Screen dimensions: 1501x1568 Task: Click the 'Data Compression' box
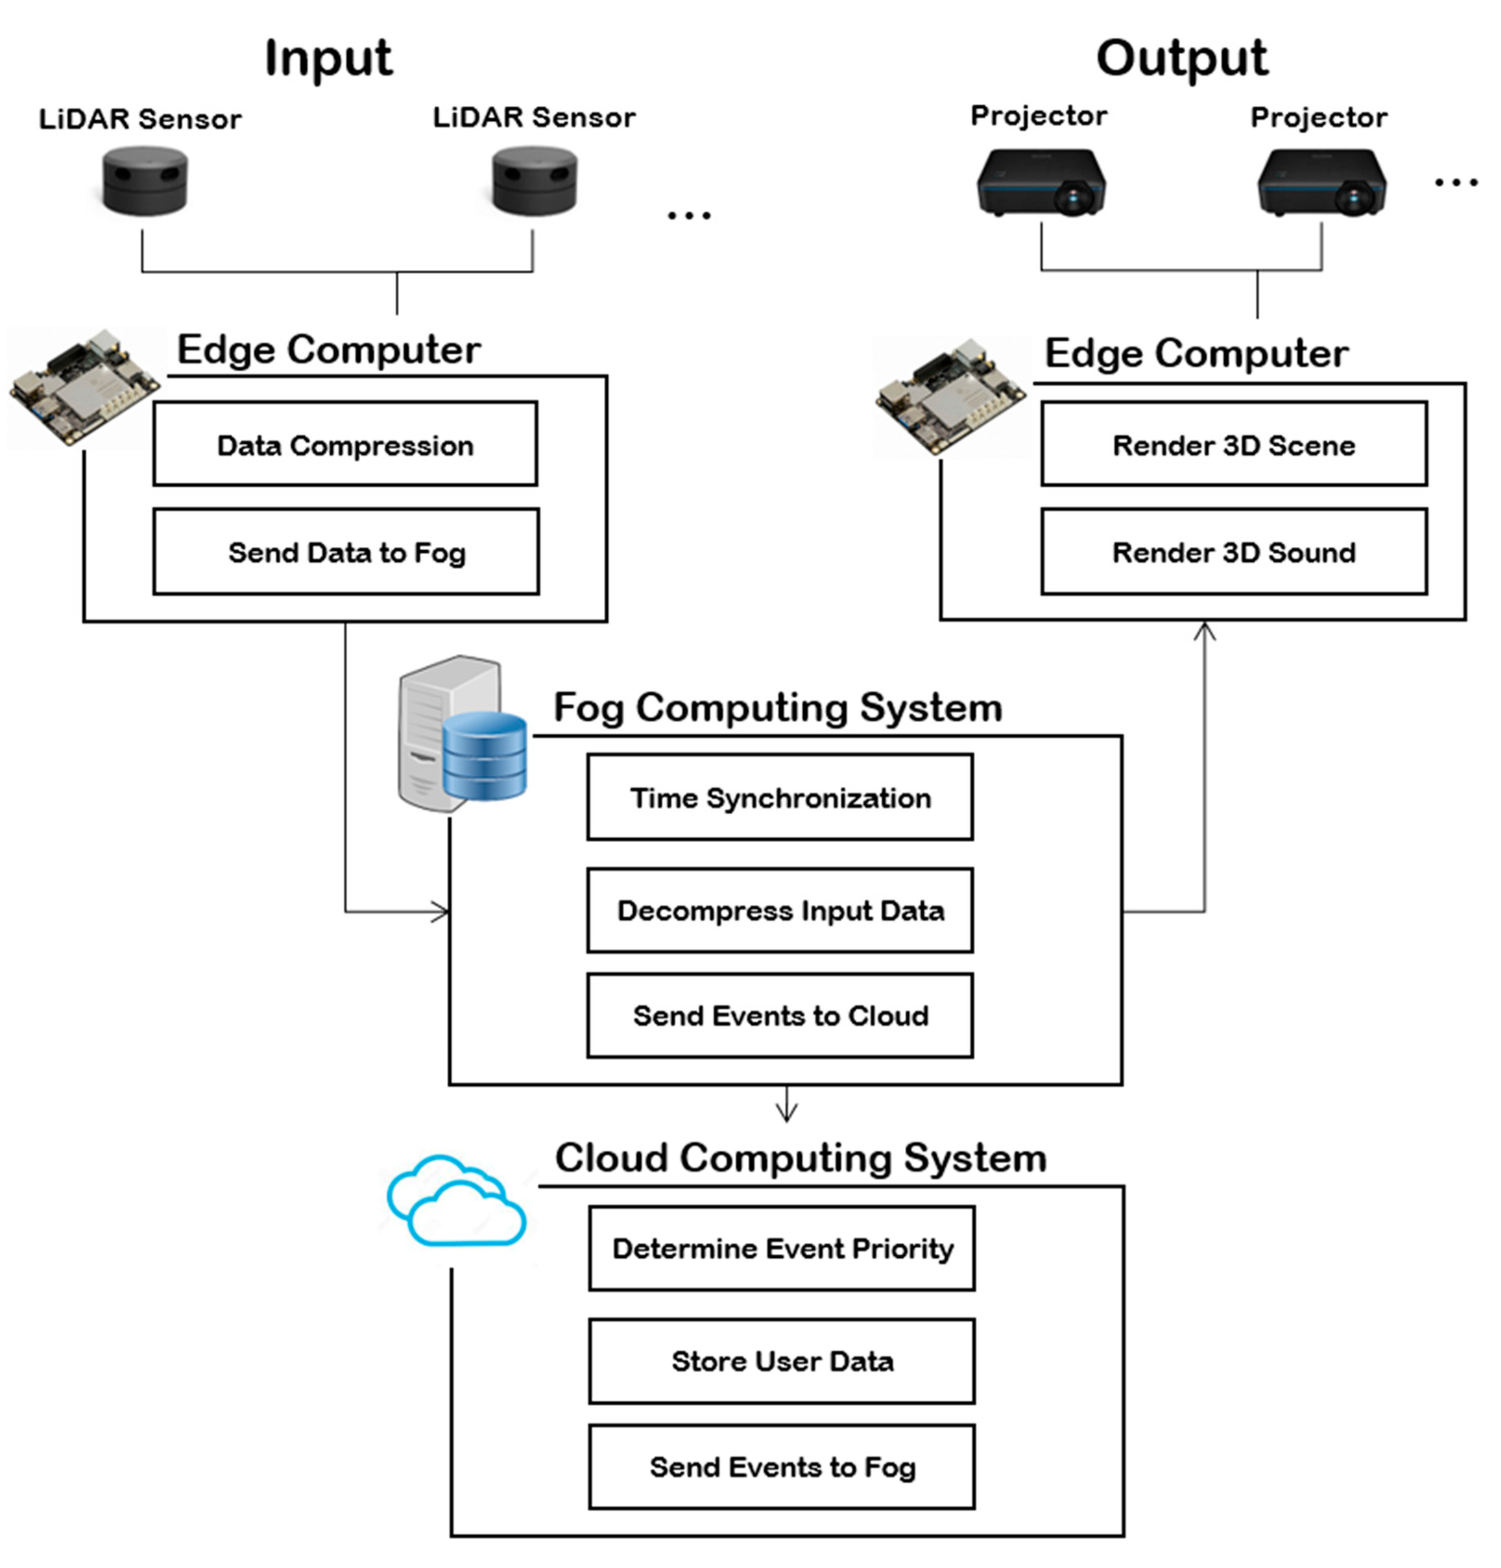[345, 444]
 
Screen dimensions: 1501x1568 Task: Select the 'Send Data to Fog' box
[346, 552]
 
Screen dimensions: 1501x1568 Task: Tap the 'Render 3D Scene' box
[1234, 444]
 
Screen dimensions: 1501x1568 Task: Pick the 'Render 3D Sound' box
[1234, 552]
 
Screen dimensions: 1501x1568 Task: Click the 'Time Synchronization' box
[780, 797]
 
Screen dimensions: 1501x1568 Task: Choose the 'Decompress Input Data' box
[780, 911]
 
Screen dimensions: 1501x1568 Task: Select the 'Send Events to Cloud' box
[780, 1016]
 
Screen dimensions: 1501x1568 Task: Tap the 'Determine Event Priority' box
[782, 1249]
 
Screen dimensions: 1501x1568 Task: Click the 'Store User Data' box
[782, 1361]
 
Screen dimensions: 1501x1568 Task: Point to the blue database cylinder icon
[485, 756]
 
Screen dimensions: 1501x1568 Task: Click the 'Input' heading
[328, 59]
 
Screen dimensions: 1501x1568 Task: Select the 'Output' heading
[1182, 59]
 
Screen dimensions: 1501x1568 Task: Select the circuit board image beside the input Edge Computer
[83, 388]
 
